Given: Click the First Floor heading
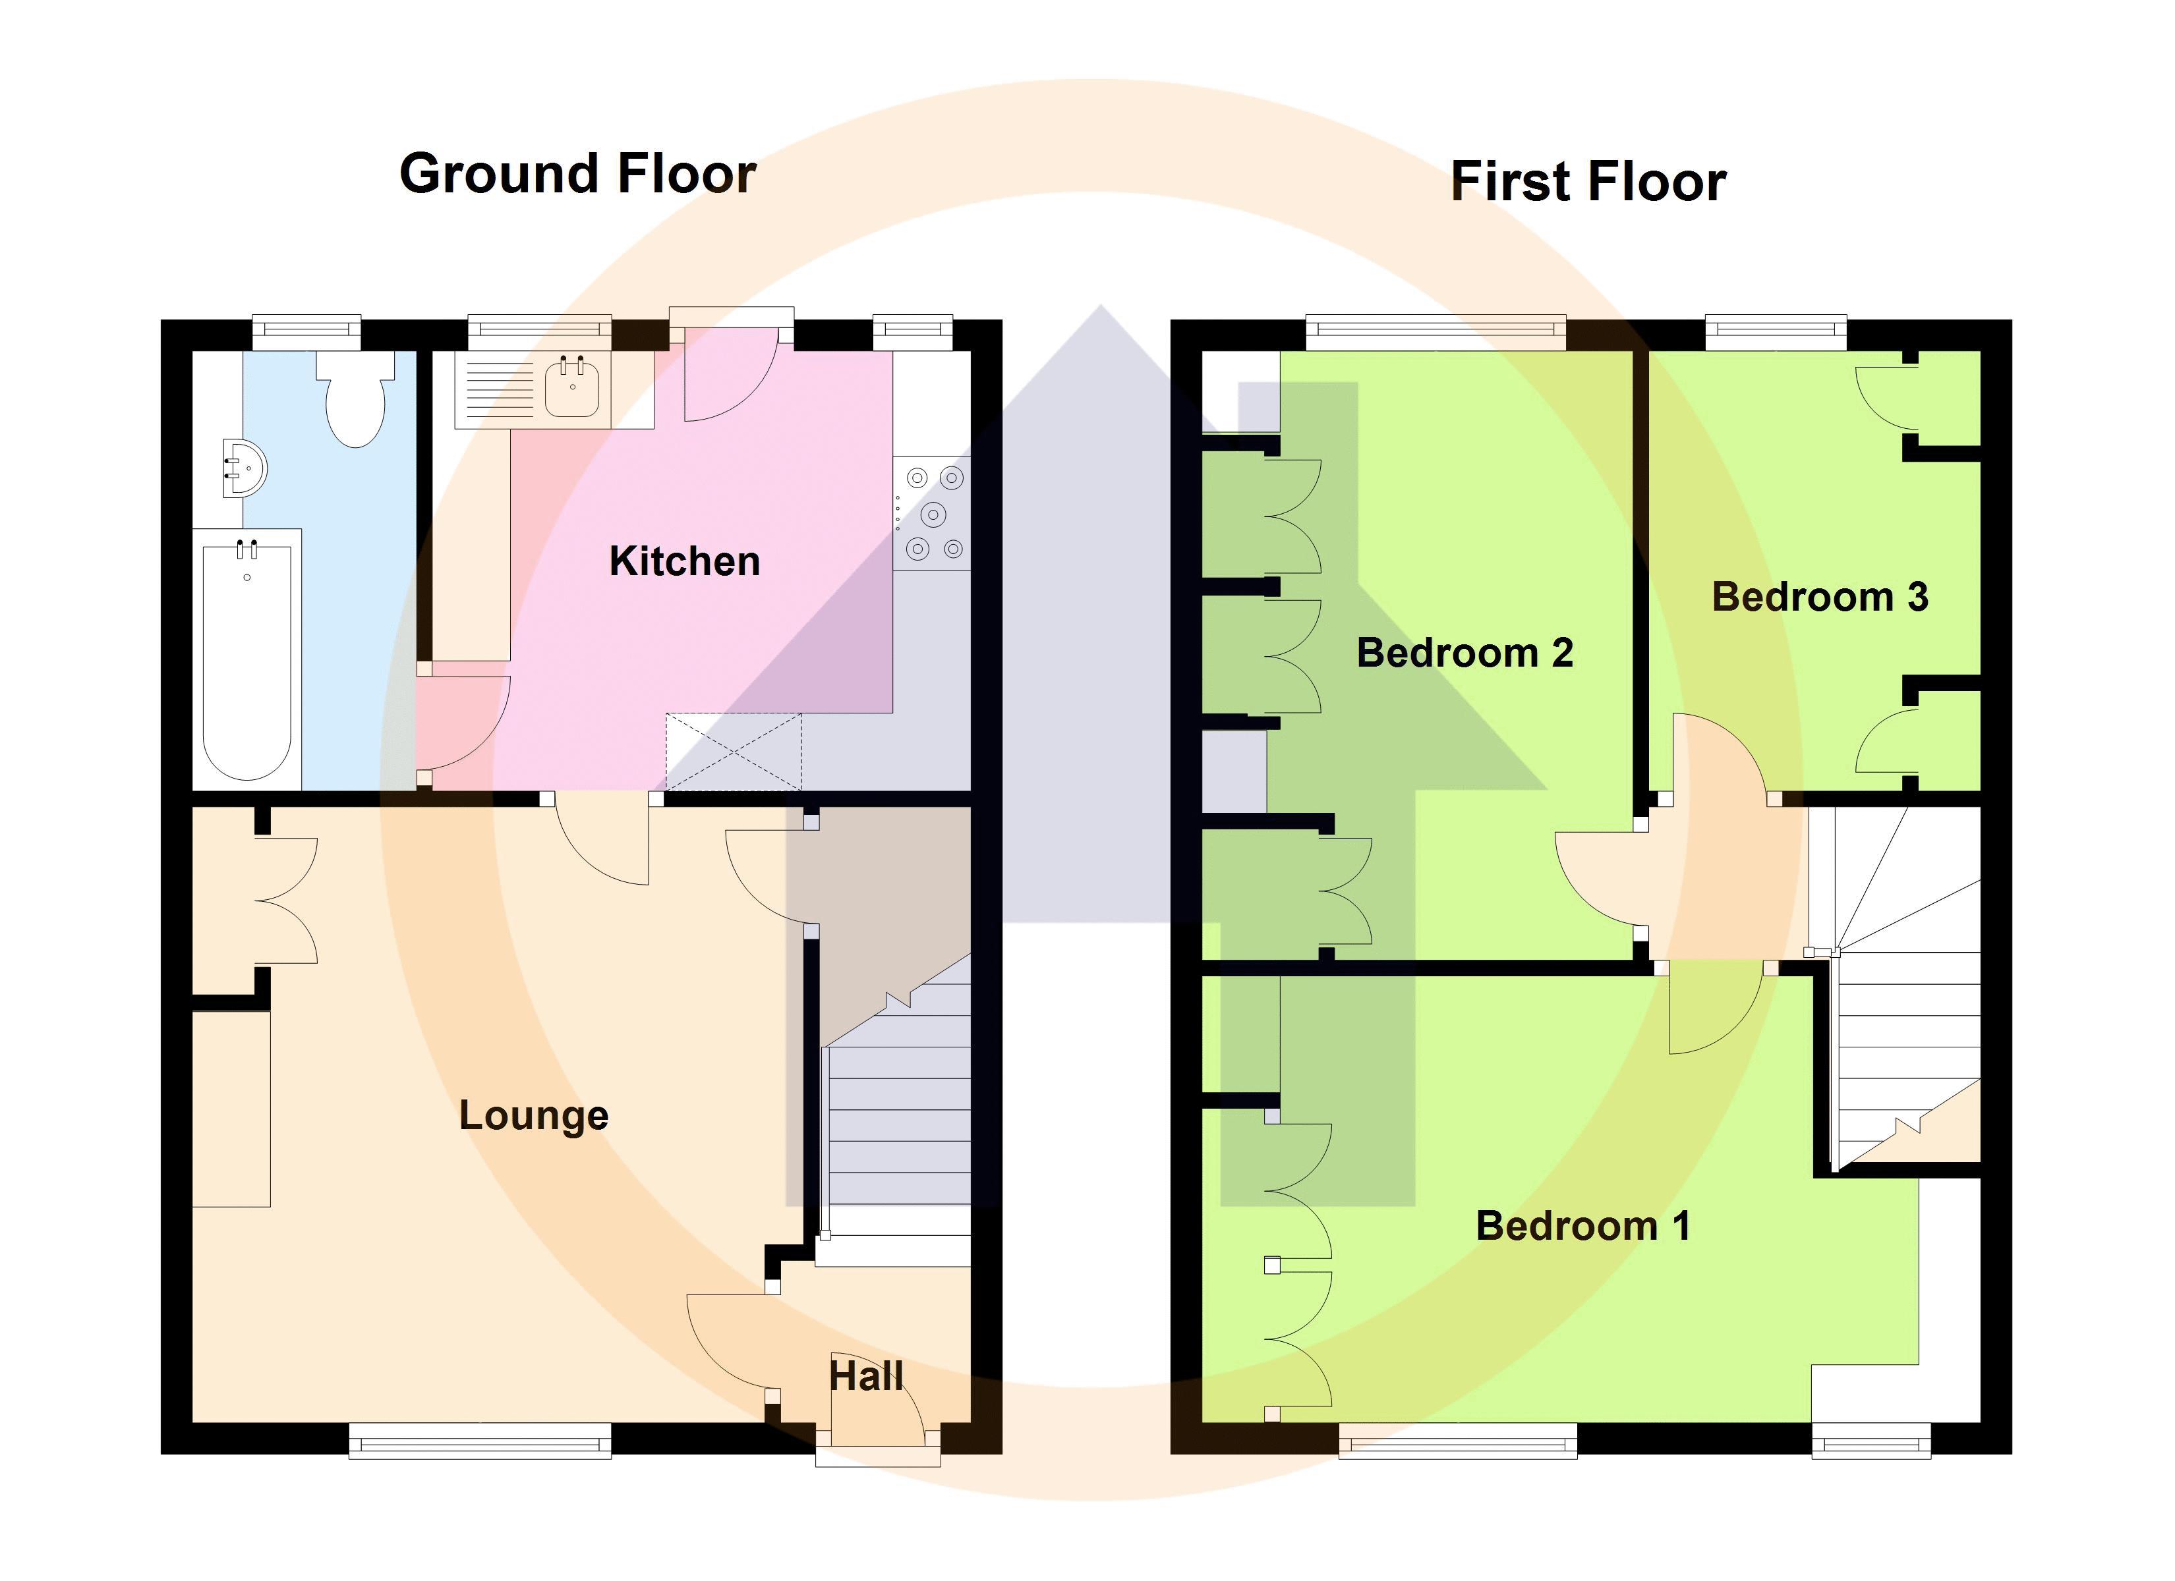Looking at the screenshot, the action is pos(1588,182).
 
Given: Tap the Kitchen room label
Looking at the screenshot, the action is pos(685,561).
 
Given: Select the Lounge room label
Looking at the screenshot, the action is pos(533,1115).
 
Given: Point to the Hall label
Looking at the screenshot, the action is pos(866,1377).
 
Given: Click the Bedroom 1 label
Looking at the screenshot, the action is pos(1582,1226).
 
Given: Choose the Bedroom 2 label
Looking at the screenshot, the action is pos(1464,653).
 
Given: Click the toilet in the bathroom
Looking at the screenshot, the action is pos(356,401).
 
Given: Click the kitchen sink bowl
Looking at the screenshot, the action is pos(573,390).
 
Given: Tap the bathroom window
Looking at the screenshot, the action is pos(307,332).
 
